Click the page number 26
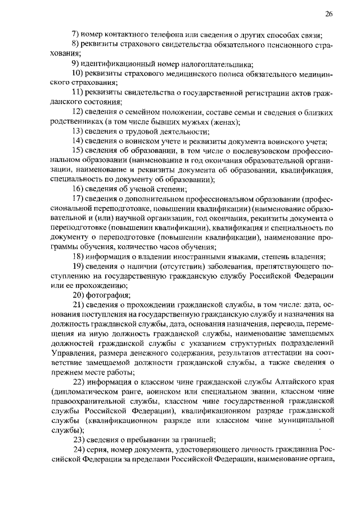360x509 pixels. tap(329, 13)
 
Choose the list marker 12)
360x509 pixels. tap(79, 112)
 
